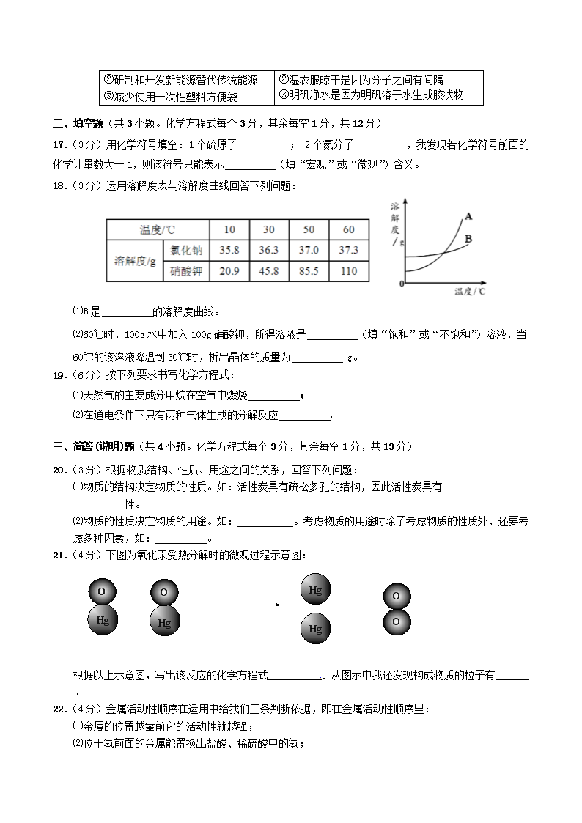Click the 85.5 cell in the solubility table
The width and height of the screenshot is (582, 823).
(309, 271)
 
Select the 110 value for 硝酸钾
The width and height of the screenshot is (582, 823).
(349, 271)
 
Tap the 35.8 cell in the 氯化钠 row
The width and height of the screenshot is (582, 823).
(229, 250)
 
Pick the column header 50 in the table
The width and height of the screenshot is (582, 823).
(309, 229)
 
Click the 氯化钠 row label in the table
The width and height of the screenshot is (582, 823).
(186, 250)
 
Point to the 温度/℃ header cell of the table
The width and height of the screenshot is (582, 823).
(158, 229)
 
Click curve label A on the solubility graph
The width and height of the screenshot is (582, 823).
(468, 215)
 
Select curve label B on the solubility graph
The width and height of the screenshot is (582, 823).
(468, 239)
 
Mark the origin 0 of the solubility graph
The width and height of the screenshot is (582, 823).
(402, 283)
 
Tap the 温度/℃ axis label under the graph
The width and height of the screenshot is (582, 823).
(470, 292)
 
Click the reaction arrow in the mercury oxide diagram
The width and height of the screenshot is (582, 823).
(240, 605)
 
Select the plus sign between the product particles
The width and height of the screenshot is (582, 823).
(356, 605)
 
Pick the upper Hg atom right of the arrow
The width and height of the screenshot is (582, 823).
(315, 589)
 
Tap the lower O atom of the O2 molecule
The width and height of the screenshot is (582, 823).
(396, 621)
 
